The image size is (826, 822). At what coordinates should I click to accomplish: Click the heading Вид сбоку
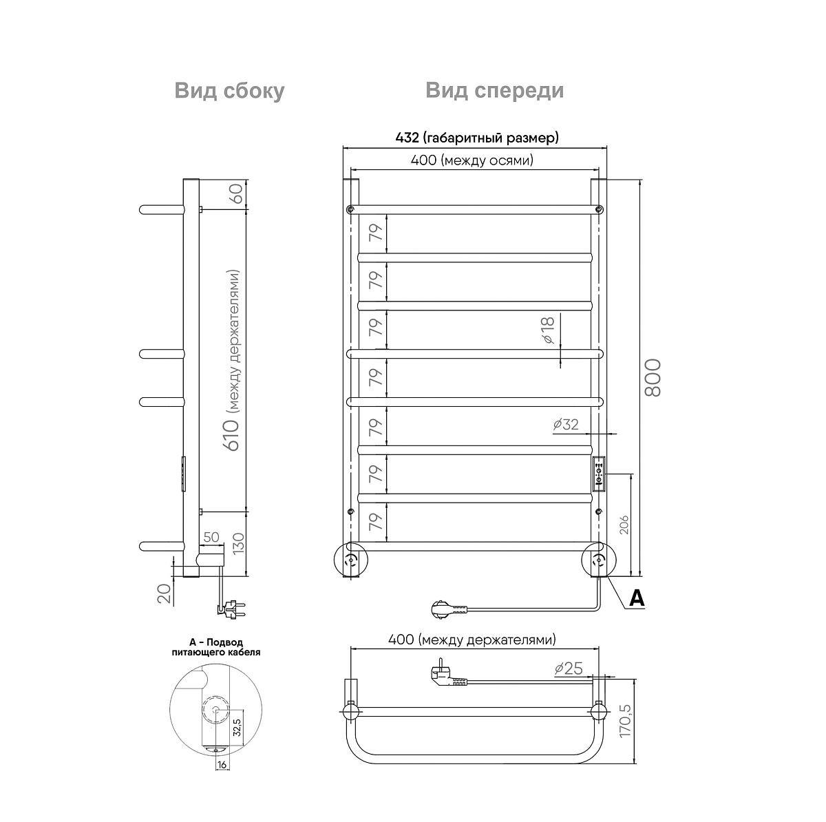(x=229, y=92)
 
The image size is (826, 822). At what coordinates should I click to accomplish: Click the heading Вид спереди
(x=494, y=92)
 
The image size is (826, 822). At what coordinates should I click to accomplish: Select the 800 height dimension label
(x=653, y=378)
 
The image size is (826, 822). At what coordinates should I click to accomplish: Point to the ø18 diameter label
(x=548, y=330)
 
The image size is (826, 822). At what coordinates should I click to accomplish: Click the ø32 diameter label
(x=566, y=425)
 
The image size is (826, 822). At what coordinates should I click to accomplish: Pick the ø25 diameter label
(x=569, y=668)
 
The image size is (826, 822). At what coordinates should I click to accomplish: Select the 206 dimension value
(x=624, y=525)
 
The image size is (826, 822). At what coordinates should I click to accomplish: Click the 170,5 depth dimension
(x=626, y=721)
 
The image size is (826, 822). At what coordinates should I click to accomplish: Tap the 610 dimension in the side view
(x=232, y=435)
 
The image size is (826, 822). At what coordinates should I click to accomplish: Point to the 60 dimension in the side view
(x=237, y=193)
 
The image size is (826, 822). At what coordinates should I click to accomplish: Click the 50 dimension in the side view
(x=211, y=537)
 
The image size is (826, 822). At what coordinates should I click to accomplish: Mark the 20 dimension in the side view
(x=165, y=594)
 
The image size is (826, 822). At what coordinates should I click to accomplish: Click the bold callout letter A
(x=637, y=598)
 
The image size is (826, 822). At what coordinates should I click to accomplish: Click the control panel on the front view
(x=598, y=474)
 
